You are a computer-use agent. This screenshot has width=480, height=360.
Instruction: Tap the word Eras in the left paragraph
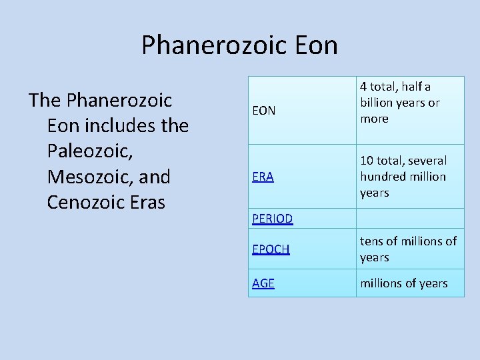148,202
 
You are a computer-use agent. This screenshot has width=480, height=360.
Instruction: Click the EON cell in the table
264,111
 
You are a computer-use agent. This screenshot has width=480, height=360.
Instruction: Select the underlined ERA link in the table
263,177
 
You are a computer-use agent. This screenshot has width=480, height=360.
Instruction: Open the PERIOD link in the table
272,219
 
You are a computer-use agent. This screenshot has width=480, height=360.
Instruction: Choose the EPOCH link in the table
271,249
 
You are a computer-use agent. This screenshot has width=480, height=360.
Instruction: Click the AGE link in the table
263,283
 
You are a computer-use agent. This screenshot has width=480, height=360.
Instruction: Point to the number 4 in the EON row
364,87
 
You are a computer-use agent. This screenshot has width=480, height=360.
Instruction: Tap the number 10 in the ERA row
367,161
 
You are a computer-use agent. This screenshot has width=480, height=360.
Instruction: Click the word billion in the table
377,103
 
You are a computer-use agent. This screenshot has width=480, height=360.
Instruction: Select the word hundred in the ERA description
383,177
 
